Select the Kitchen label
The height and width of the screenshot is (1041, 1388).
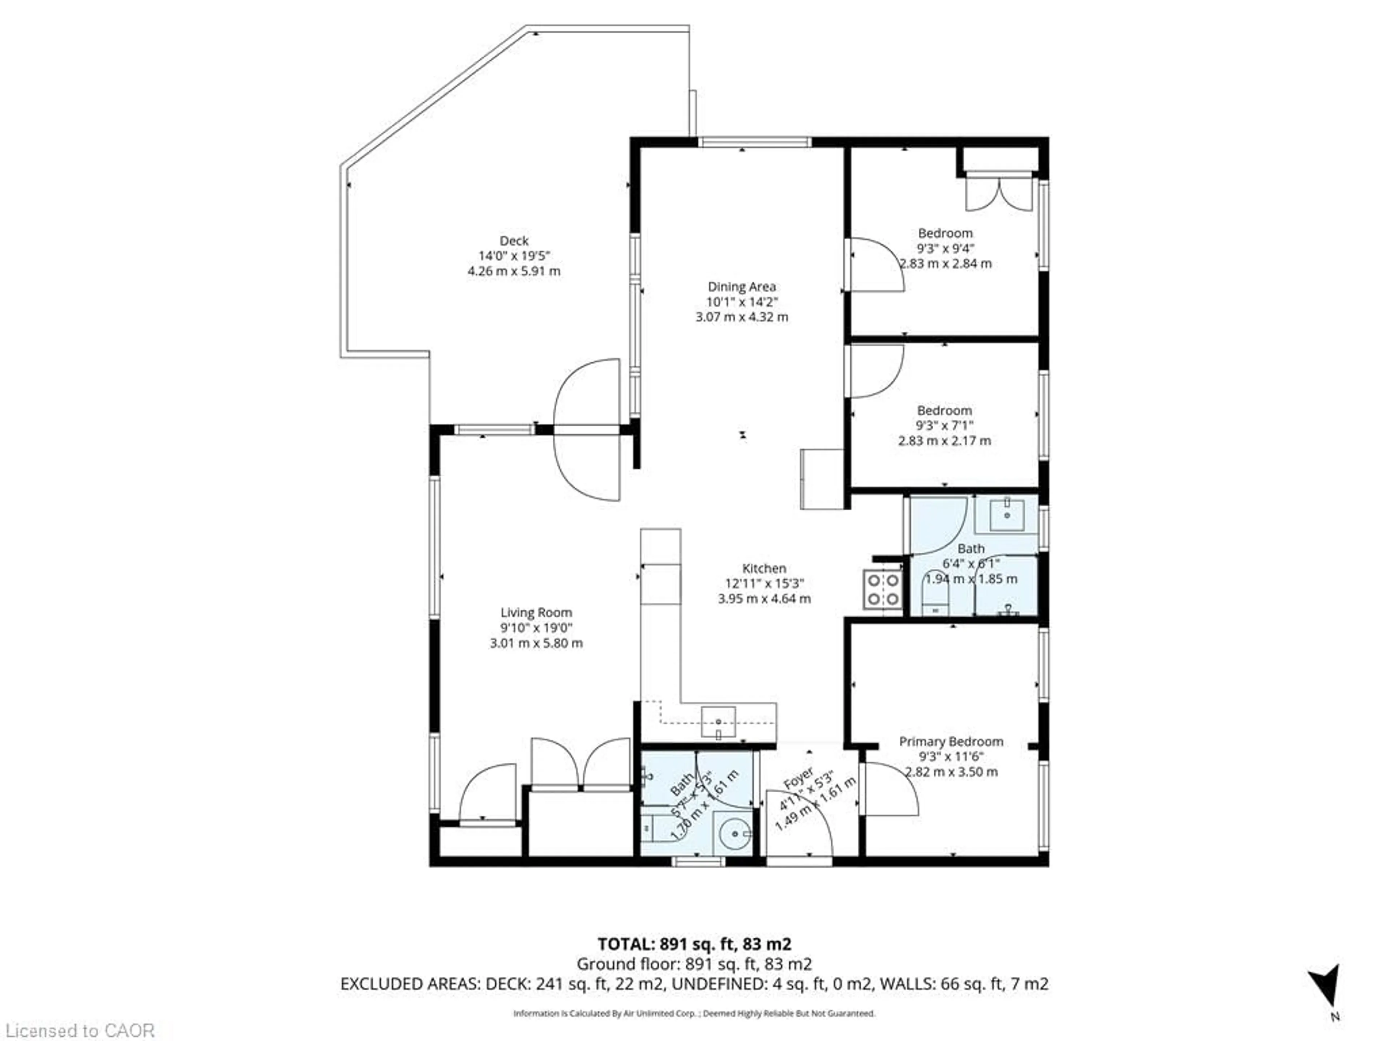pyautogui.click(x=764, y=569)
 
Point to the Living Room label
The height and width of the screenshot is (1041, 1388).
pyautogui.click(x=536, y=612)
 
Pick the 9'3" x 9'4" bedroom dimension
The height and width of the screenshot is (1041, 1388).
pyautogui.click(x=945, y=248)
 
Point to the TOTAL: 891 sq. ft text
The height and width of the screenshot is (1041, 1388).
pyautogui.click(x=694, y=944)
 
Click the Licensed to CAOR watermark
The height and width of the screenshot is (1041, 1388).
pyautogui.click(x=78, y=1030)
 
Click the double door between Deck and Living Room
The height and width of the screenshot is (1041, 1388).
pyautogui.click(x=587, y=430)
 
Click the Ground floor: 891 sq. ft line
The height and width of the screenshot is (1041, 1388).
pyautogui.click(x=694, y=964)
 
